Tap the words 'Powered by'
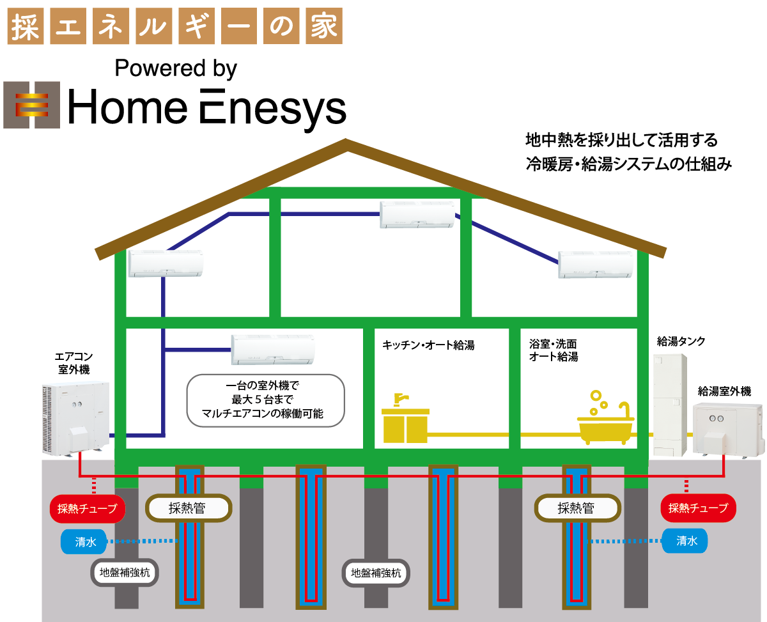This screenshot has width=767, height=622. coord(176,68)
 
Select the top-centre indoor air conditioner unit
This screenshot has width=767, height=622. coord(418,214)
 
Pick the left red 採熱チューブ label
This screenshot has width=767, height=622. coord(87,509)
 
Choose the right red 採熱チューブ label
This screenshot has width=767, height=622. coord(698,508)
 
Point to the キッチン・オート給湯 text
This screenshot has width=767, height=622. coord(428,346)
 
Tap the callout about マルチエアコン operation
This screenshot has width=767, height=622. coord(265,400)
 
